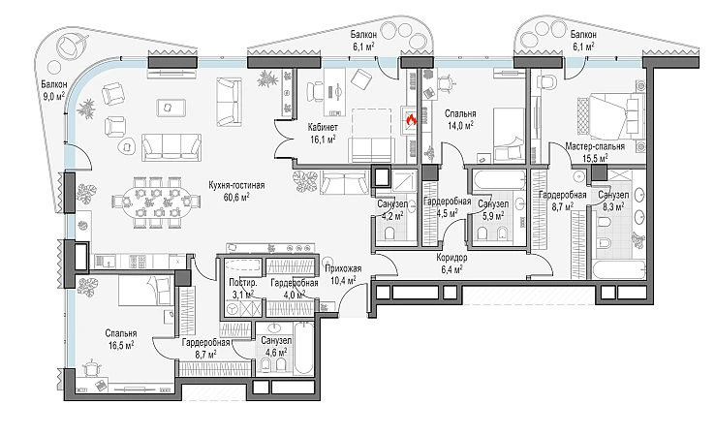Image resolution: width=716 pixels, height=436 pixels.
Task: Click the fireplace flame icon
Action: (412, 120)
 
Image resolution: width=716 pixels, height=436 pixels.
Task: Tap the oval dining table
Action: (156, 202)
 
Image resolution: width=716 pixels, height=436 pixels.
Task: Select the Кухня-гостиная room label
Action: (236, 186)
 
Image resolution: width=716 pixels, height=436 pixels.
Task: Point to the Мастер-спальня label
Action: (595, 146)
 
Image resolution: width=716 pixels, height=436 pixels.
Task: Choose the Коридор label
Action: (451, 258)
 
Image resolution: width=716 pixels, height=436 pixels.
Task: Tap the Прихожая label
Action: (342, 269)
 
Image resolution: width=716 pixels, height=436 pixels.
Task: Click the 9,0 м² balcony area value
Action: (52, 95)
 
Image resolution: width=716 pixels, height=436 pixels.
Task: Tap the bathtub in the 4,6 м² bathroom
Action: (304, 349)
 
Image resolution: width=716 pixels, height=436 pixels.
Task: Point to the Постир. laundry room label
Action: (243, 283)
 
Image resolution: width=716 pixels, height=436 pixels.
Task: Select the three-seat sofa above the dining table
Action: (171, 147)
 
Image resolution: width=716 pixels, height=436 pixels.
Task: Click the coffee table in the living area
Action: (171, 108)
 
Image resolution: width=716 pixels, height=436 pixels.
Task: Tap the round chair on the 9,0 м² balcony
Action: (71, 47)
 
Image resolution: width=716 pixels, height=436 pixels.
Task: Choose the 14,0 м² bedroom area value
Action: (460, 126)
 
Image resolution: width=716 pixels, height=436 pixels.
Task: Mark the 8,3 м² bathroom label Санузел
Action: (613, 195)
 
